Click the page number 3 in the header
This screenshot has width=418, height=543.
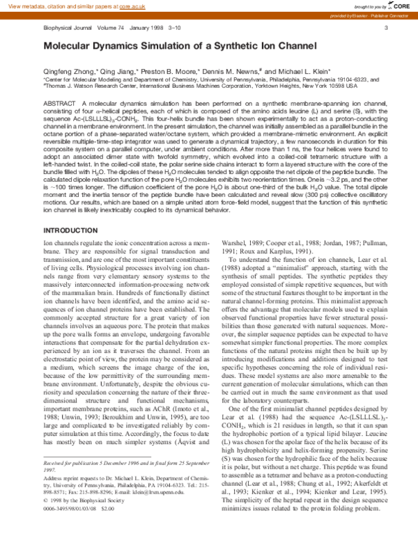coord(385,27)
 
